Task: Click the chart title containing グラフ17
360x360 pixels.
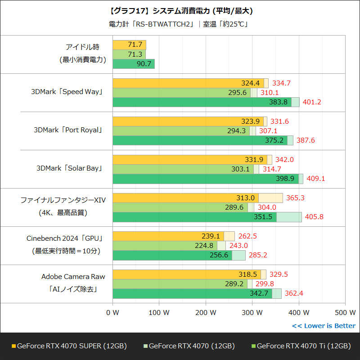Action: coord(180,10)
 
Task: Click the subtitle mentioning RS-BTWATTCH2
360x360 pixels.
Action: coord(180,24)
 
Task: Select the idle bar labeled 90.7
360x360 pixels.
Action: coord(133,64)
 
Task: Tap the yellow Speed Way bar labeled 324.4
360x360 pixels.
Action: coord(188,83)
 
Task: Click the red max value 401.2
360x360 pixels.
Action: coord(312,102)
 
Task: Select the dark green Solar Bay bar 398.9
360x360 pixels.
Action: coord(205,179)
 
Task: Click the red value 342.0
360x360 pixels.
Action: coord(284,160)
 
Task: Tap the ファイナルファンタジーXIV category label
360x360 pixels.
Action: coord(63,200)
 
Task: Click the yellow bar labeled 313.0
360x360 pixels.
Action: coord(185,198)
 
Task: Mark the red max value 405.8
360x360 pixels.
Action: coord(314,217)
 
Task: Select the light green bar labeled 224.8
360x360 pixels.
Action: coord(165,246)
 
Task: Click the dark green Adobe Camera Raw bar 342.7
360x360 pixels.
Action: coord(192,293)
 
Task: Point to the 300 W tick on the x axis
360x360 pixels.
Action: coord(252,312)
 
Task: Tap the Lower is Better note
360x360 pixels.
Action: coord(324,326)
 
